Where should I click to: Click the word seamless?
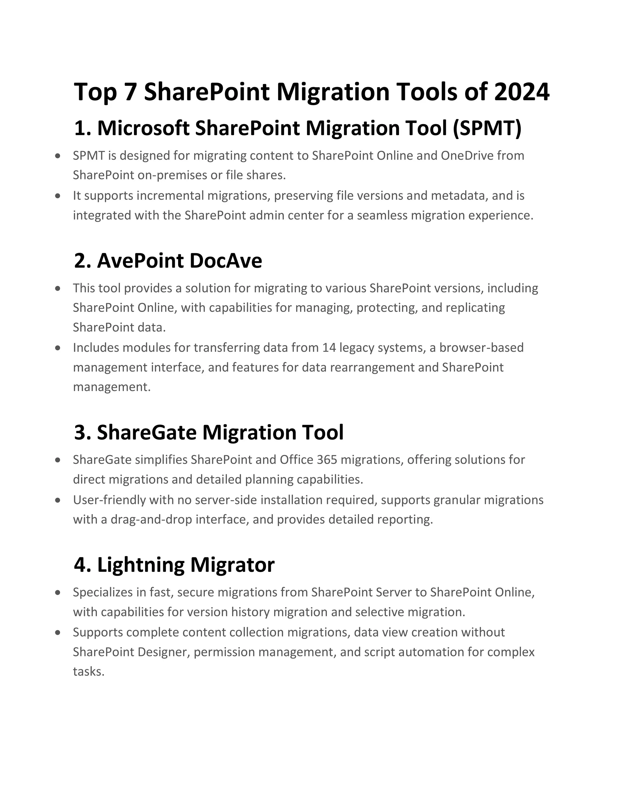pyautogui.click(x=382, y=215)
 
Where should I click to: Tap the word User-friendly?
pyautogui.click(x=109, y=500)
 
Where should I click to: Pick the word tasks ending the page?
pyautogui.click(x=89, y=671)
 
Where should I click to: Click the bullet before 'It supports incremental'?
pyautogui.click(x=57, y=195)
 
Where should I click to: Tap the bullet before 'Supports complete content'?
pyautogui.click(x=57, y=632)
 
